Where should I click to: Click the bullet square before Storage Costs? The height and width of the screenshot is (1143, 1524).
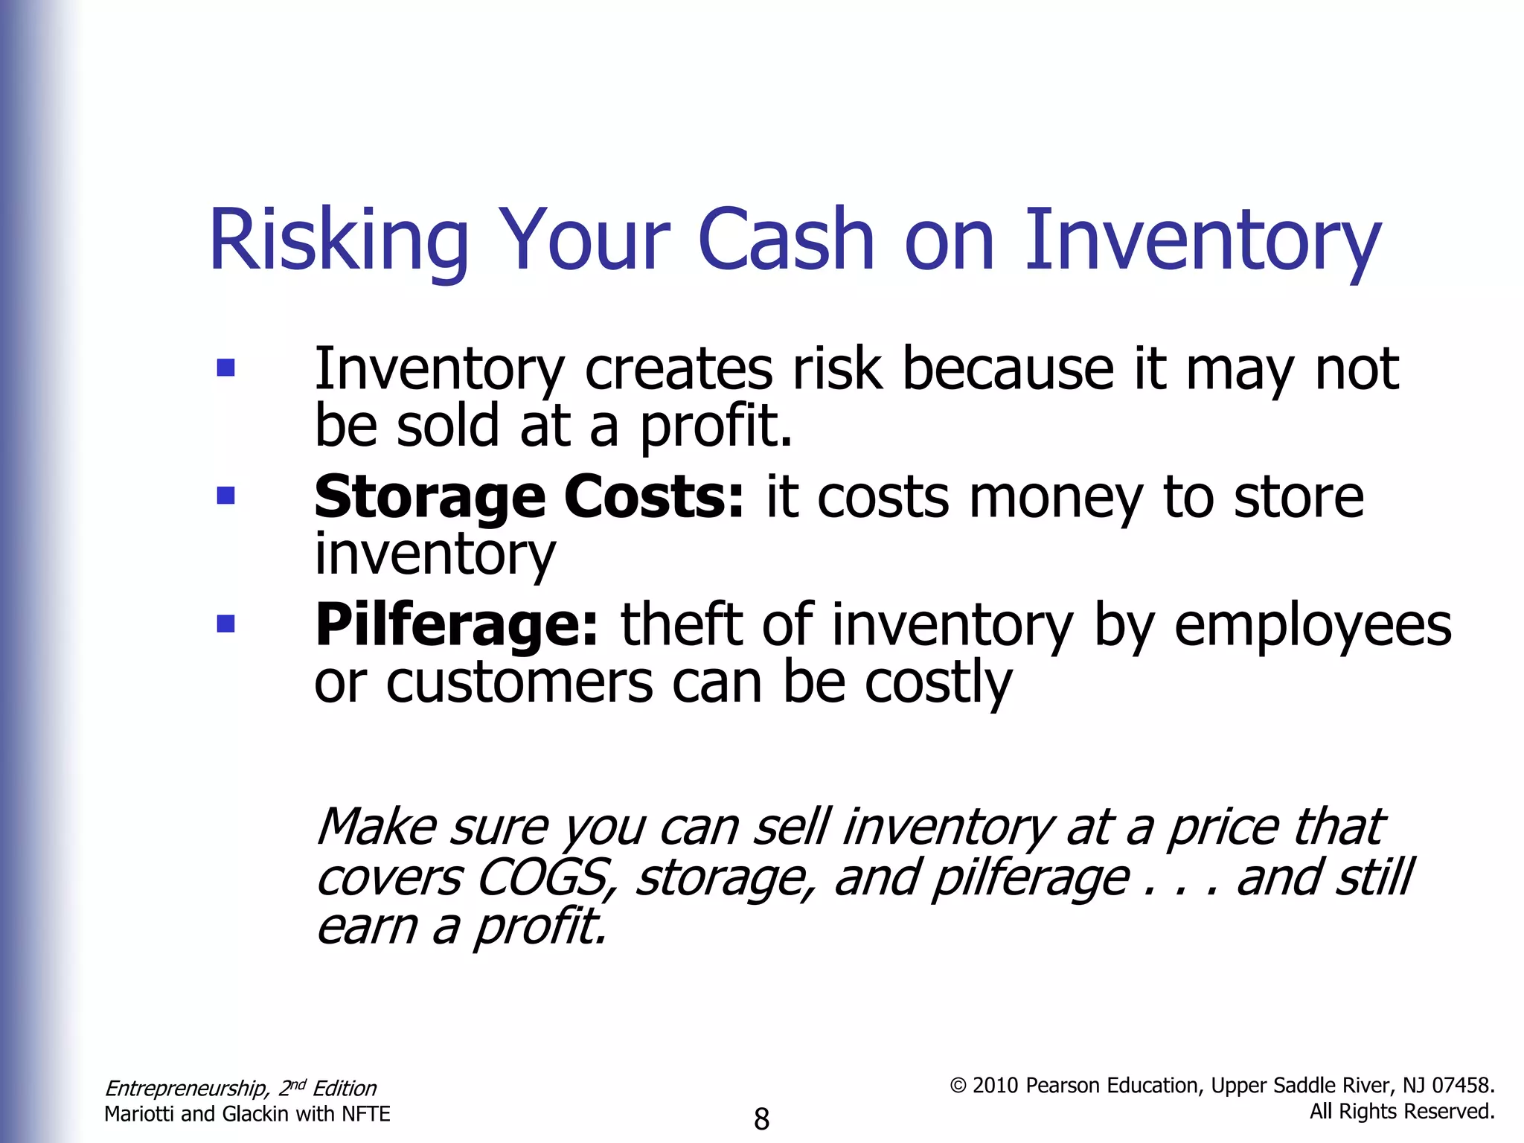tap(225, 496)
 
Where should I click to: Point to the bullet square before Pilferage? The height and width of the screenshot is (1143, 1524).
tap(225, 623)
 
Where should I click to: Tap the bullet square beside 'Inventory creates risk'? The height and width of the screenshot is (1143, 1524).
tap(225, 368)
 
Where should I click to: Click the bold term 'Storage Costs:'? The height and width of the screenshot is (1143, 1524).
tap(528, 497)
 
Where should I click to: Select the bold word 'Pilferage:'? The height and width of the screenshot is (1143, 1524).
tap(456, 625)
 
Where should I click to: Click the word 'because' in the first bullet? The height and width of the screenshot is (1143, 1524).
tap(1008, 369)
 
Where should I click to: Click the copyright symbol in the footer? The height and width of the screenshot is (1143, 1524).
tap(958, 1086)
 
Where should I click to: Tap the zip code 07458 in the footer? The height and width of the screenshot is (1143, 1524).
tap(1463, 1086)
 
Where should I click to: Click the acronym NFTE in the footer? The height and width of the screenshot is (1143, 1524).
tap(365, 1114)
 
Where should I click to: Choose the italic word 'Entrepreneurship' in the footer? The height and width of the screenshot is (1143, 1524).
tap(186, 1089)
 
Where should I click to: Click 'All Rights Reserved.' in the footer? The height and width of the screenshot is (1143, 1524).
tap(1402, 1112)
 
